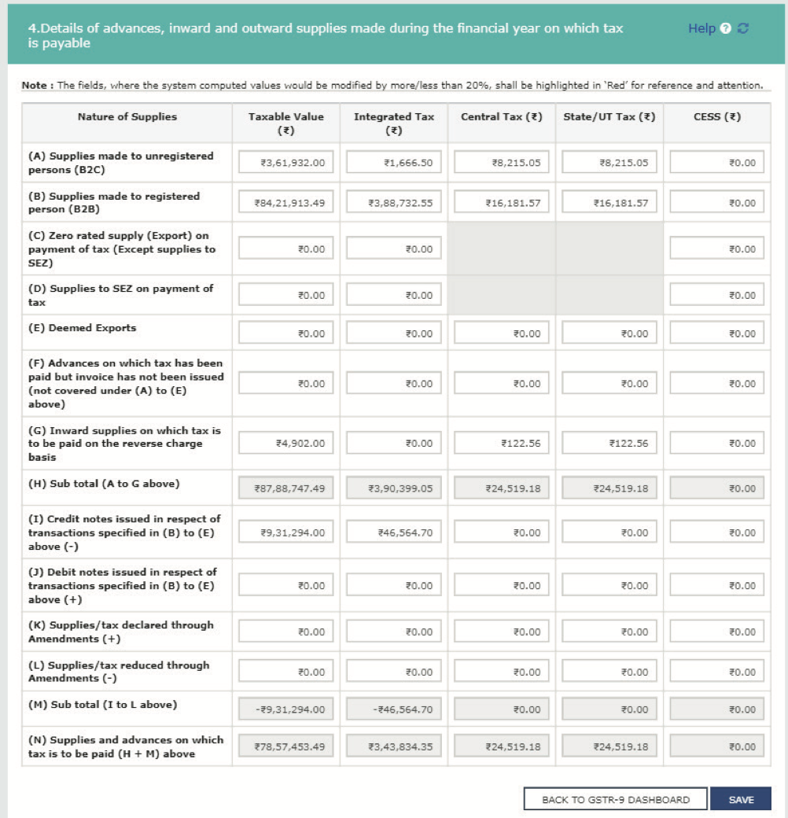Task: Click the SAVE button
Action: (x=740, y=799)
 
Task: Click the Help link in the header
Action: (x=701, y=28)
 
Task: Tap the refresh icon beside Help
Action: (x=742, y=28)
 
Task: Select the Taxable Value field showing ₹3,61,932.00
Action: (x=286, y=163)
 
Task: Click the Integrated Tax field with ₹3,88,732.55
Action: (x=394, y=203)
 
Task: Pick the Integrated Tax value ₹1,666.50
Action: (x=394, y=163)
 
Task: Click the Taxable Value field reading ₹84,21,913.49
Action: (x=286, y=203)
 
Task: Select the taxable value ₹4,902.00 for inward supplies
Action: (x=286, y=444)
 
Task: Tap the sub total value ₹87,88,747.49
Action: (x=286, y=488)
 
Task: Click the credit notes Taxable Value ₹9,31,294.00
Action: (x=286, y=532)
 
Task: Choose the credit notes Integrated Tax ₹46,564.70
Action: (x=394, y=532)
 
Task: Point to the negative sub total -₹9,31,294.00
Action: (x=286, y=709)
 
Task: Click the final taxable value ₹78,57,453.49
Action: (x=286, y=746)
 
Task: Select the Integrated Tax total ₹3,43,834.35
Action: (x=394, y=746)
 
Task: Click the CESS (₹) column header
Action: (x=717, y=116)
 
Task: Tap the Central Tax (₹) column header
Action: (x=502, y=116)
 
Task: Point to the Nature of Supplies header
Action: (x=127, y=116)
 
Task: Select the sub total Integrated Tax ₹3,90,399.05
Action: (x=394, y=488)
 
